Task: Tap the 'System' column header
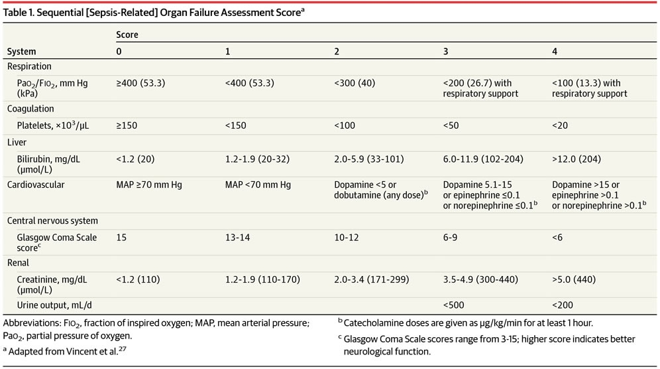click(x=21, y=51)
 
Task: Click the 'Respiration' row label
click(x=29, y=67)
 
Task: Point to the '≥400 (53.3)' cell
click(x=140, y=83)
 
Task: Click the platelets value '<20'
click(x=560, y=124)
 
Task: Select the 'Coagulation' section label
click(x=30, y=108)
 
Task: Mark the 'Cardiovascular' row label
click(x=36, y=185)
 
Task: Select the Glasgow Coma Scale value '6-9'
click(x=451, y=237)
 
